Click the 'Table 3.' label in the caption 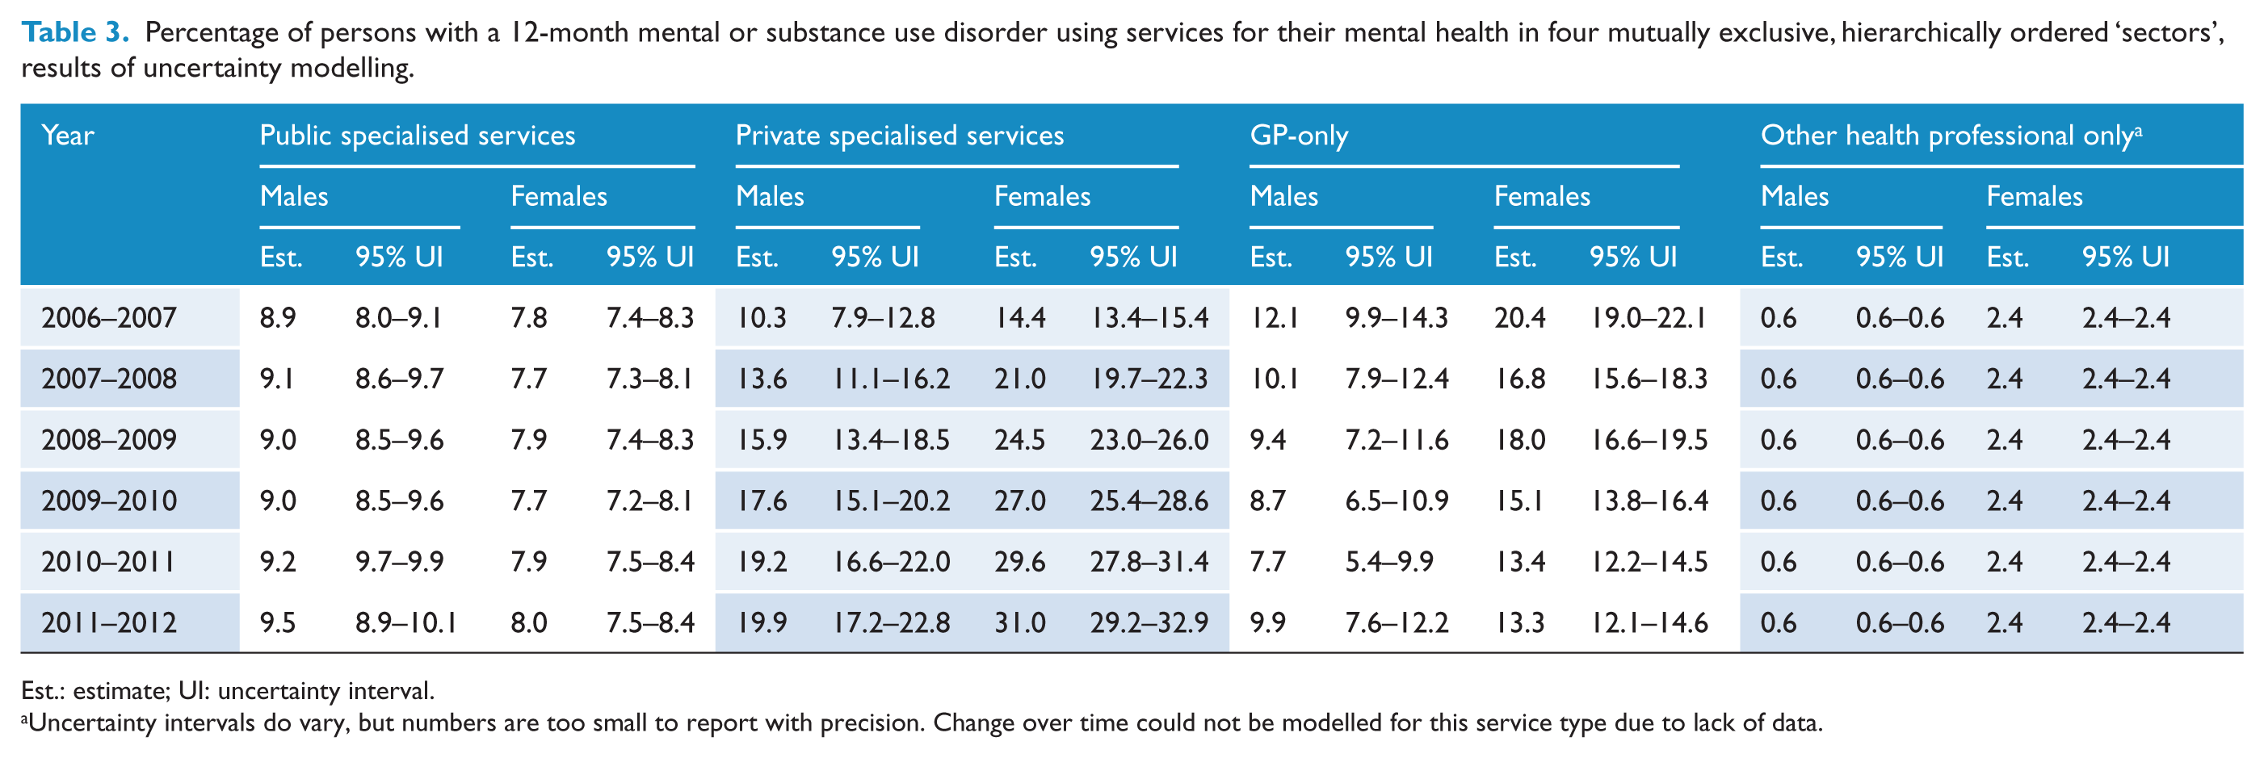tap(76, 32)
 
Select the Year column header tap(68, 136)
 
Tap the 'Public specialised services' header tap(418, 136)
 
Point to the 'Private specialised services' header tap(899, 136)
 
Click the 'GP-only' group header tap(1298, 136)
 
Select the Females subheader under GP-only tap(1542, 196)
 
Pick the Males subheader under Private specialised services tap(769, 196)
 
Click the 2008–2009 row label tap(109, 439)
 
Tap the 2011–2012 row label tap(109, 622)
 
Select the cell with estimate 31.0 tap(1019, 622)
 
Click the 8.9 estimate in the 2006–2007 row tap(278, 317)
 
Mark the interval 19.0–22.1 tap(1648, 317)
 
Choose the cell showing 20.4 tap(1519, 317)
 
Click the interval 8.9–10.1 tap(405, 622)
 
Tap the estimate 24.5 tap(1019, 439)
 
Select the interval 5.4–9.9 tap(1388, 561)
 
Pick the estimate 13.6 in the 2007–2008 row tap(761, 379)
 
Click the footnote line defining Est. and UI tap(228, 690)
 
